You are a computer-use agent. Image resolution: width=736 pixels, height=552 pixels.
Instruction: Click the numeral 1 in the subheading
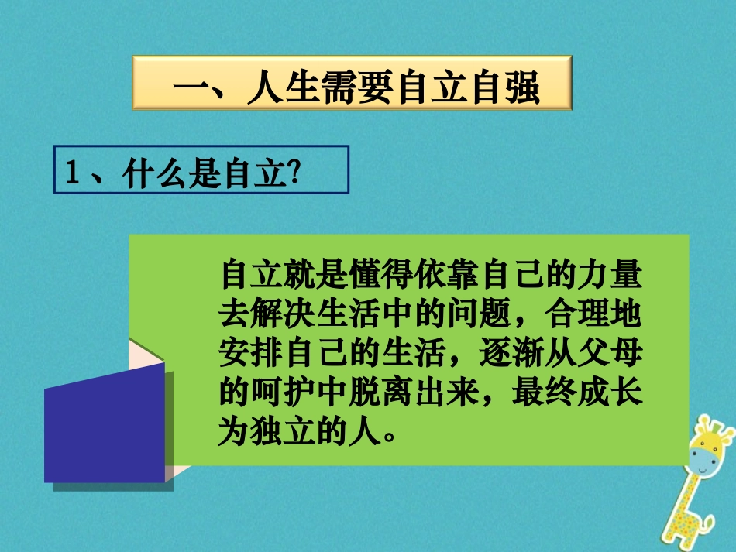(74, 175)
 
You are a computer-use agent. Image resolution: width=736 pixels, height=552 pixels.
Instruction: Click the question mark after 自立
(294, 175)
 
